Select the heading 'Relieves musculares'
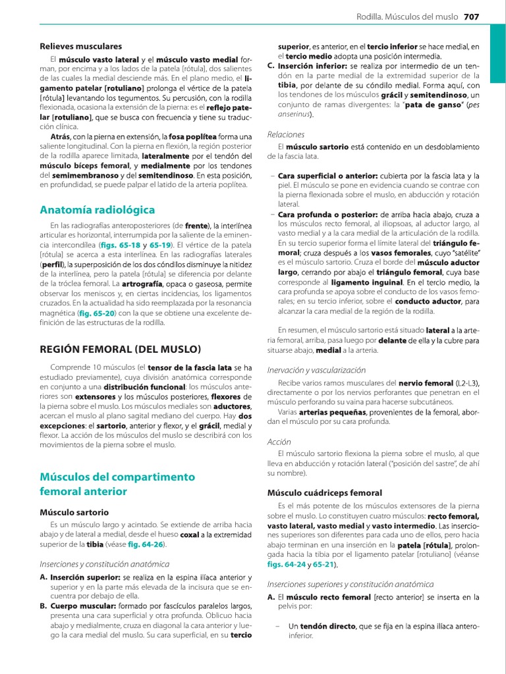click(80, 47)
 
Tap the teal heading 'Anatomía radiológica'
click(97, 210)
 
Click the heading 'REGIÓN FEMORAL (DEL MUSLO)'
click(121, 349)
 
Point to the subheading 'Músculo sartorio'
click(74, 512)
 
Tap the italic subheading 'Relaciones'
click(286, 134)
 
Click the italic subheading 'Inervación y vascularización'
click(316, 370)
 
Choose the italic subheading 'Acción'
click(279, 442)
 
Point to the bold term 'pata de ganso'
click(432, 105)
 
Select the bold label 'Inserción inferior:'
click(312, 66)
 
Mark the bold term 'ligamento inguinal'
click(321, 281)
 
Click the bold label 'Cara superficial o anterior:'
click(327, 176)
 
